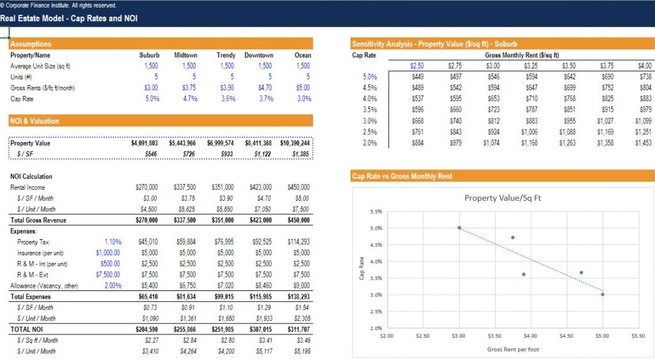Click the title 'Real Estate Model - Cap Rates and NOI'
68,19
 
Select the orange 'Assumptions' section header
31,44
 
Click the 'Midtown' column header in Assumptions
185,55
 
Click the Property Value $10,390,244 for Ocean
295,143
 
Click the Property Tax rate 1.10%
113,242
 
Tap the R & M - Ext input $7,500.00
107,274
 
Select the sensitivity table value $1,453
643,143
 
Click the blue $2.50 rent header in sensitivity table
416,66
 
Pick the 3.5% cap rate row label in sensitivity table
369,109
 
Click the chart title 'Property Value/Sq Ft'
502,198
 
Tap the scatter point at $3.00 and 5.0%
459,228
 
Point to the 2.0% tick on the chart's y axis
376,328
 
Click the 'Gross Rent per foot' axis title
513,349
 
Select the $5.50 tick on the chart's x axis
638,335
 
